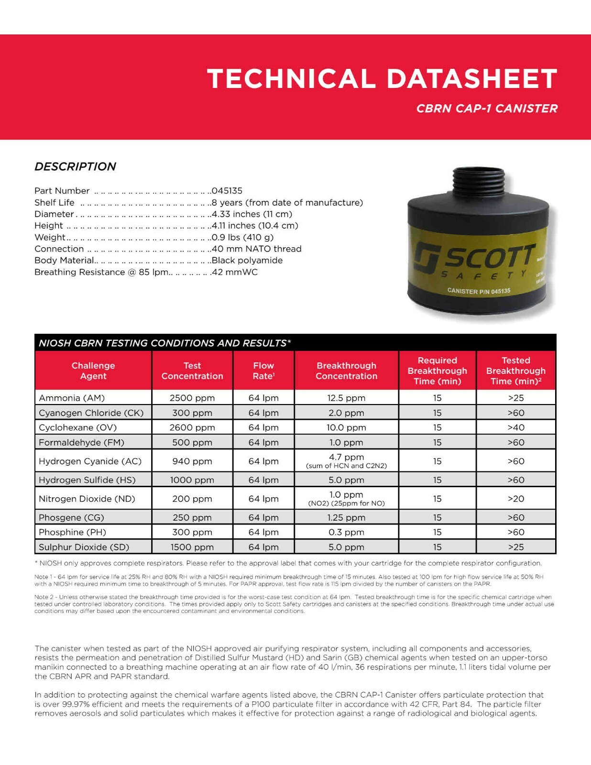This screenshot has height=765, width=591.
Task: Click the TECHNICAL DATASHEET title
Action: pos(382,78)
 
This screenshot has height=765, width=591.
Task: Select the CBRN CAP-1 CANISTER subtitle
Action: pos(487,109)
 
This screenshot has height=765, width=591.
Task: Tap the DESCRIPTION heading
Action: pos(75,166)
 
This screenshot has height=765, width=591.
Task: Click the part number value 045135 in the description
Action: pos(227,191)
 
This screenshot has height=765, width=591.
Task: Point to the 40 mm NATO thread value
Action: pos(257,249)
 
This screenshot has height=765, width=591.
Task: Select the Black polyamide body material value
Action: pos(247,260)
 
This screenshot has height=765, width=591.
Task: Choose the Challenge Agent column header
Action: pos(93,371)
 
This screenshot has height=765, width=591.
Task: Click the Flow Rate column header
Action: pos(263,371)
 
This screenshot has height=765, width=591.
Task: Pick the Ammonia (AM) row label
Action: pos(72,398)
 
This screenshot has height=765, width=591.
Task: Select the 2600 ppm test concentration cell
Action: pos(192,427)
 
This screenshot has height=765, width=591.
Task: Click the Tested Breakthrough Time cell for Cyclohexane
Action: pos(516,427)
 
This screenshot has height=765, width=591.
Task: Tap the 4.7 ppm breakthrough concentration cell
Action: pos(346,458)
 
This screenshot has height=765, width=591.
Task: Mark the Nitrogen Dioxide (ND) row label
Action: pos(87,499)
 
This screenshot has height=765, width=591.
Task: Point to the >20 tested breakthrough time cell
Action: pos(516,499)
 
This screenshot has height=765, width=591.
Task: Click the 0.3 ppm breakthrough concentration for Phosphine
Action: pos(346,532)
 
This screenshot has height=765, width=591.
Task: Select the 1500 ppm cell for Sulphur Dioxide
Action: pos(192,547)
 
